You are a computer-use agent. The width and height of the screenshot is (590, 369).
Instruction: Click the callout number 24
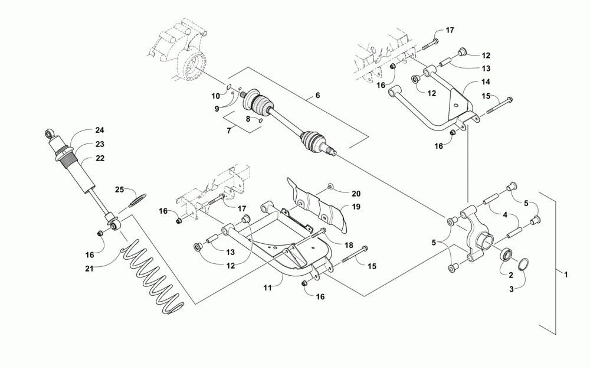click(x=99, y=130)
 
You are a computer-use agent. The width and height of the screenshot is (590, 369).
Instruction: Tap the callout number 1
click(x=566, y=275)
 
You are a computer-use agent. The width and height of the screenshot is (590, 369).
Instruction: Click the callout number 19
click(x=356, y=207)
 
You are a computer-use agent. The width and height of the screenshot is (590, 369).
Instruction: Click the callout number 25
click(x=119, y=190)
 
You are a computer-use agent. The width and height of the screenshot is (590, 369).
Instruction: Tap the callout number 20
click(x=356, y=194)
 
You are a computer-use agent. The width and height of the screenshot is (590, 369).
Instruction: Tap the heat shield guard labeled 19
click(x=319, y=204)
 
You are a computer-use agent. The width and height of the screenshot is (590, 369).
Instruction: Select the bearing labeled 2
click(x=506, y=256)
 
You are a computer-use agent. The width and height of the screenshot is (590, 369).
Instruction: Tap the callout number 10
click(x=216, y=95)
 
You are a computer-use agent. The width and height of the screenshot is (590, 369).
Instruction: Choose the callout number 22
click(x=99, y=158)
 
